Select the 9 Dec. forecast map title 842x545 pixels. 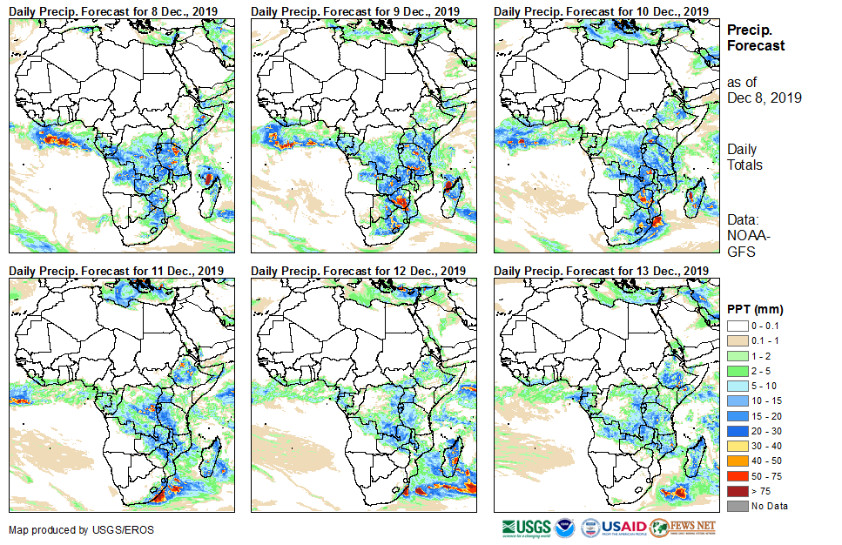pyautogui.click(x=355, y=10)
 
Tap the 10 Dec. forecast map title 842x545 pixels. pyautogui.click(x=601, y=10)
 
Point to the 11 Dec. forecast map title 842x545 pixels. pyautogui.click(x=116, y=271)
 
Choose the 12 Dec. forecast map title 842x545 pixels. pyautogui.click(x=358, y=271)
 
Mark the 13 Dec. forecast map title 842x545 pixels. pyautogui.click(x=601, y=271)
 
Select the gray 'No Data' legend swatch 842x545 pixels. pyautogui.click(x=738, y=506)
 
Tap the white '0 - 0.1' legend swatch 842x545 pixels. pyautogui.click(x=738, y=325)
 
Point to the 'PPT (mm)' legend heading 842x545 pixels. pyautogui.click(x=755, y=309)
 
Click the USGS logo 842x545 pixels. pyautogui.click(x=526, y=528)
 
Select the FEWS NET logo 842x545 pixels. pyautogui.click(x=683, y=528)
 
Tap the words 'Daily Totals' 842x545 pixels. pyautogui.click(x=745, y=157)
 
